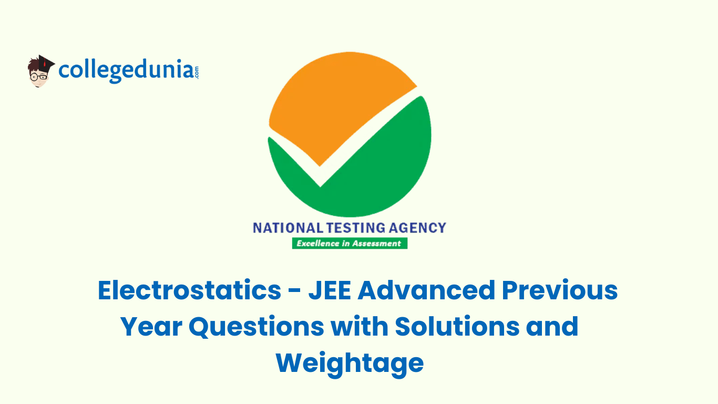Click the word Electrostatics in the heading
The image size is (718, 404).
tap(190, 291)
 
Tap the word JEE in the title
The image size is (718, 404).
tap(330, 291)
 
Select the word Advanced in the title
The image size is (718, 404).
tap(426, 291)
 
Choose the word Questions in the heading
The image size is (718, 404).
tap(256, 327)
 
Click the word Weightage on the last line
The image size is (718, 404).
tap(350, 363)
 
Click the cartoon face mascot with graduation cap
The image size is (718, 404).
tap(40, 71)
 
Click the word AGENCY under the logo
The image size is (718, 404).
tap(418, 228)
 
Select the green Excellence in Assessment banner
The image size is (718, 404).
tap(350, 244)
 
